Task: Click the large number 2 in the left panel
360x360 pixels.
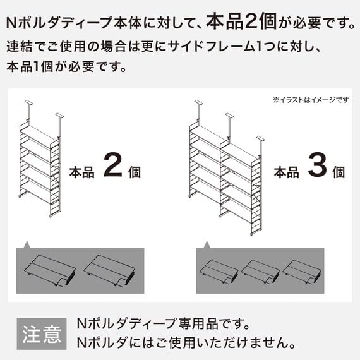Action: click(x=111, y=167)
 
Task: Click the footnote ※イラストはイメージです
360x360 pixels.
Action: click(x=311, y=100)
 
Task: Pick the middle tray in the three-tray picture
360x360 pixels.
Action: click(x=260, y=270)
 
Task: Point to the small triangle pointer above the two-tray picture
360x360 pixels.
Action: click(x=27, y=243)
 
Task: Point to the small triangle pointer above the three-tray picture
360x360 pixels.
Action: click(x=206, y=243)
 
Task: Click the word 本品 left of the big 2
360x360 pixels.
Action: click(x=81, y=172)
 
